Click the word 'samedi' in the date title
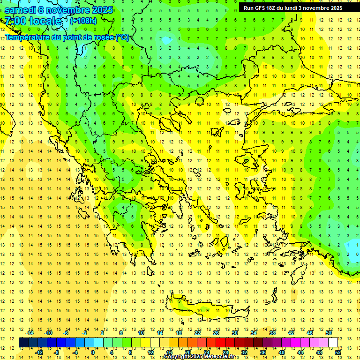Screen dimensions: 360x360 [x=21, y=10]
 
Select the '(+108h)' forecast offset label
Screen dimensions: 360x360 [x=83, y=21]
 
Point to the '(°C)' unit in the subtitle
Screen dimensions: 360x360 [x=122, y=37]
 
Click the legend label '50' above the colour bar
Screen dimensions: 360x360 [x=328, y=333]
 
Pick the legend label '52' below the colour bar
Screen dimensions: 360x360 [x=337, y=352]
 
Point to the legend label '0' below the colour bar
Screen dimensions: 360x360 [x=93, y=352]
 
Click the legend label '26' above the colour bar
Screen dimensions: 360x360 [x=216, y=333]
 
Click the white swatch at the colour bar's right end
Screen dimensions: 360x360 [x=333, y=342]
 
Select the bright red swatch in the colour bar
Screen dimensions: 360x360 [x=221, y=342]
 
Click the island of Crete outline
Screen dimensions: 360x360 [x=202, y=309]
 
